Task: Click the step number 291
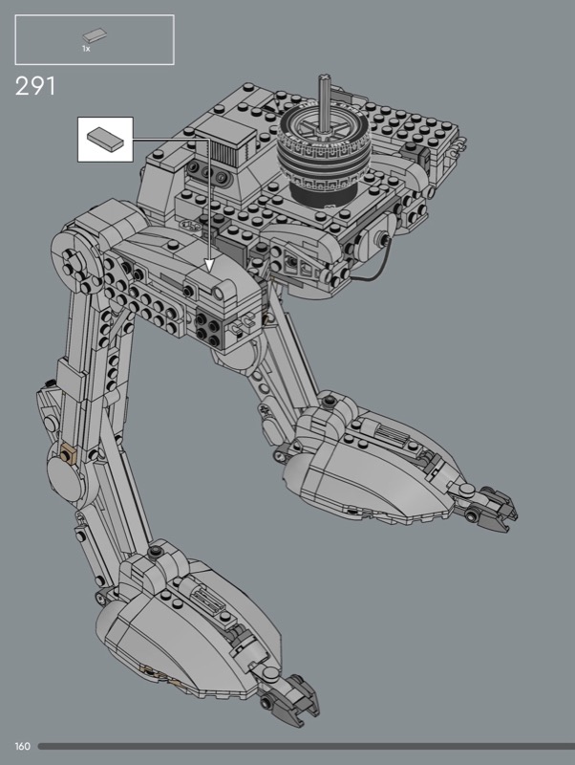coord(35,86)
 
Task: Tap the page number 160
coord(22,747)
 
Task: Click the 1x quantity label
coord(86,49)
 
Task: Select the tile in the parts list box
coord(95,35)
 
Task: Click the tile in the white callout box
coord(106,139)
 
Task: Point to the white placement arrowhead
coord(209,265)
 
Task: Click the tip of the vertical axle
coord(323,77)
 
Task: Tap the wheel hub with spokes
coord(323,128)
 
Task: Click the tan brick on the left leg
coord(68,454)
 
